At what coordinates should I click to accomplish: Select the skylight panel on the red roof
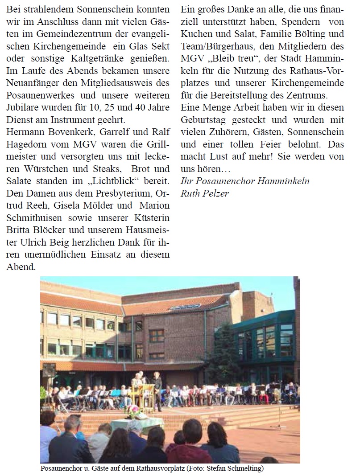tap(179, 307)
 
